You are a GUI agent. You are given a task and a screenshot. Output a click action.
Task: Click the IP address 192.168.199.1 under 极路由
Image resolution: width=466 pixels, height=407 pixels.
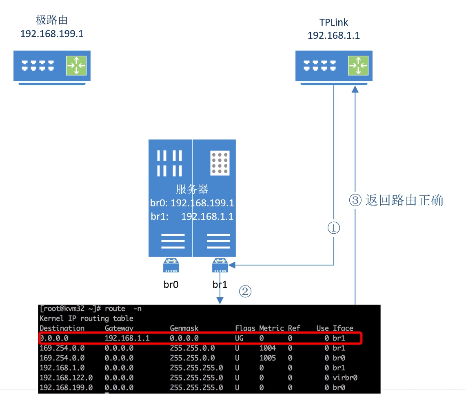(x=52, y=33)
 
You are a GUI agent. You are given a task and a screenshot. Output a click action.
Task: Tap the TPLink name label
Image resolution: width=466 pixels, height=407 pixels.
(x=333, y=22)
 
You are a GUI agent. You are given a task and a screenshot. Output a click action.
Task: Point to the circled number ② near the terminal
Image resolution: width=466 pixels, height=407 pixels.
(x=245, y=291)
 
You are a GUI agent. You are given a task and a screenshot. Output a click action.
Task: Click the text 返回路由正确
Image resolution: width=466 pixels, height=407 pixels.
(x=404, y=200)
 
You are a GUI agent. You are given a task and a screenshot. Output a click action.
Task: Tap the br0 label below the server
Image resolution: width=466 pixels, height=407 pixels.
(x=171, y=284)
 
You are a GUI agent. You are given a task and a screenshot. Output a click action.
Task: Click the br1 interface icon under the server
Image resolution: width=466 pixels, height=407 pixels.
(x=220, y=265)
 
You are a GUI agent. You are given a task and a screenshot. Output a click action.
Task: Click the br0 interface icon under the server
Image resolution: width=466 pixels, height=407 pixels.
(x=171, y=265)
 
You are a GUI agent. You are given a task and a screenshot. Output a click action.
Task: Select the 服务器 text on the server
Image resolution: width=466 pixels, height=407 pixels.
(x=192, y=189)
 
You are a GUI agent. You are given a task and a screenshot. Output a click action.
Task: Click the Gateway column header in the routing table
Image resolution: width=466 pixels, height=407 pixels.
(x=119, y=328)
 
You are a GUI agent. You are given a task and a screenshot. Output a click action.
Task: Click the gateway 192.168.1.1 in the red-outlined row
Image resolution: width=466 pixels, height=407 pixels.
(x=127, y=338)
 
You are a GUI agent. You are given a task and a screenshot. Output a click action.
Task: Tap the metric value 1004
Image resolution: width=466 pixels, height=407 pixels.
(x=267, y=348)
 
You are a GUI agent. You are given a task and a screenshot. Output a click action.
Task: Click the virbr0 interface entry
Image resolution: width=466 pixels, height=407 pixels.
(x=345, y=378)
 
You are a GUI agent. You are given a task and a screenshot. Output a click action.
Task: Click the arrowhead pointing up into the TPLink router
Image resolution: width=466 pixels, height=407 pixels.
(x=355, y=89)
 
